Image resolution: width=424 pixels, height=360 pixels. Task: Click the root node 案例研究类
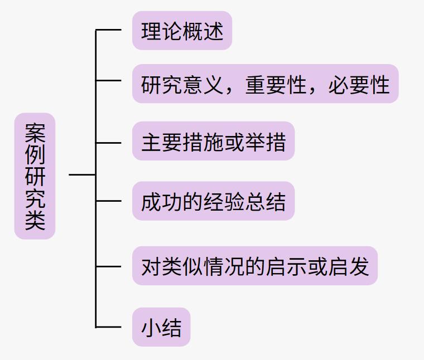(x=35, y=176)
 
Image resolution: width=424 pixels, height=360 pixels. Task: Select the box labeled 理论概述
(x=182, y=31)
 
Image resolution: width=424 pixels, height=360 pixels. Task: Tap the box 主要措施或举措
(x=213, y=142)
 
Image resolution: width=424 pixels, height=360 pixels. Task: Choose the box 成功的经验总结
(x=213, y=201)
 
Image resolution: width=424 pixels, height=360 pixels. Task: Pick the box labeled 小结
(x=161, y=327)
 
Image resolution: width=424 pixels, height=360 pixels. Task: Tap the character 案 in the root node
(x=35, y=132)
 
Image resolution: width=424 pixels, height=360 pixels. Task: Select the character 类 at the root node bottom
(x=35, y=220)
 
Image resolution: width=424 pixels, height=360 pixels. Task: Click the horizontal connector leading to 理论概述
(x=109, y=30)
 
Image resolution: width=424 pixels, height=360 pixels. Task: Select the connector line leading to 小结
(x=109, y=327)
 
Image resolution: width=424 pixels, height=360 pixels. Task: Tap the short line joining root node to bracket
(x=82, y=175)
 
